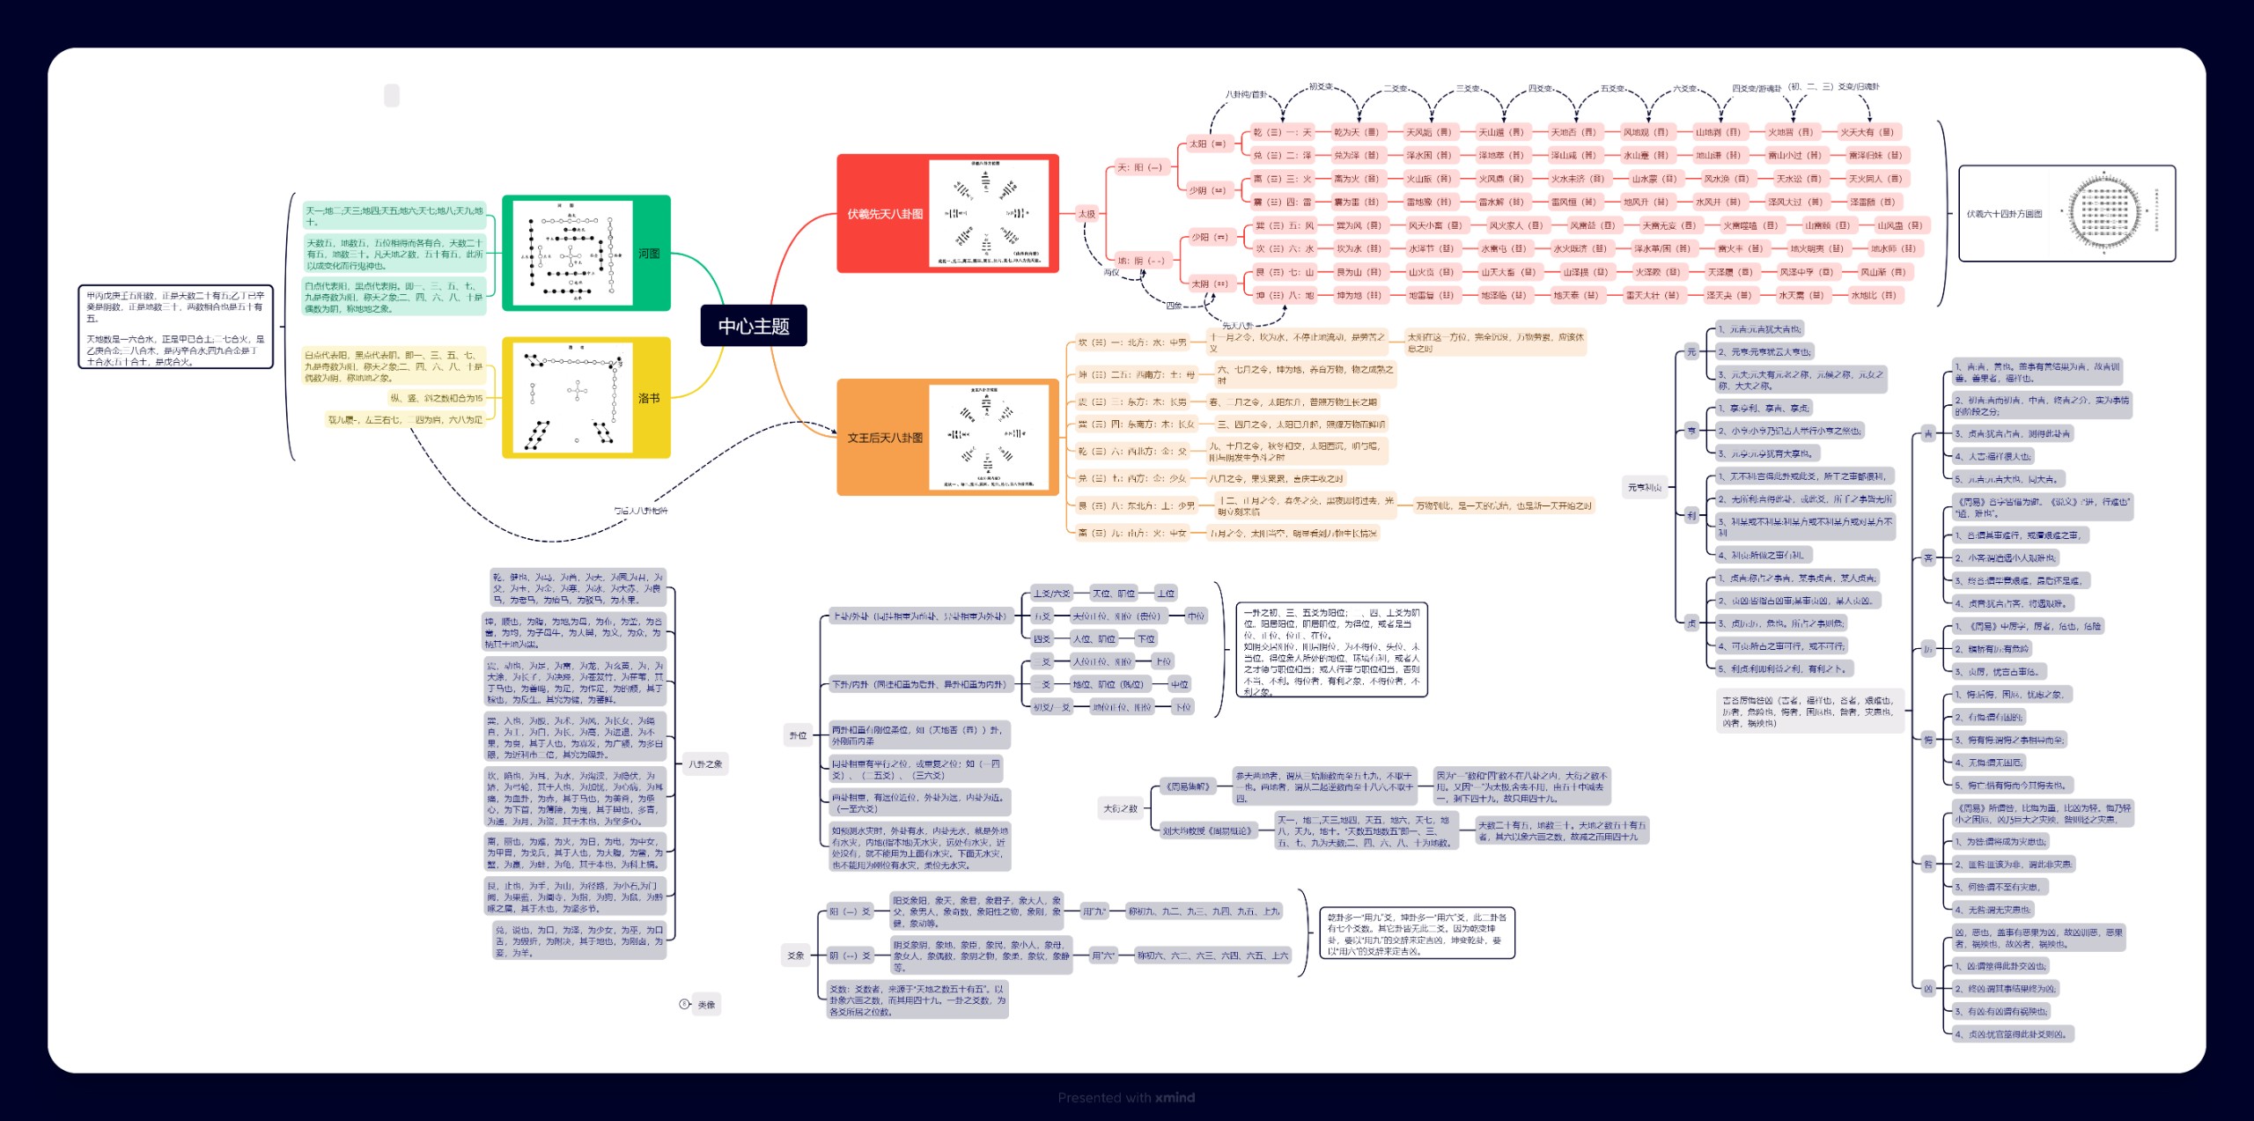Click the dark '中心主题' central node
tap(754, 326)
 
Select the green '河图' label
tap(649, 254)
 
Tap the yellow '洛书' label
tap(649, 398)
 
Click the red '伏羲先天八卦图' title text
tap(885, 214)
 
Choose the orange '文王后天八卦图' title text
tap(885, 438)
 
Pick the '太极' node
tap(1087, 213)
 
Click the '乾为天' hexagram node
tap(1356, 132)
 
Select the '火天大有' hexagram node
tap(1867, 132)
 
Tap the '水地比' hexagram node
tap(1873, 295)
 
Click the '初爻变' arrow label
tap(1320, 86)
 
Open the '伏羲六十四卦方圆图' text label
tap(2004, 214)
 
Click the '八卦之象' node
tap(705, 763)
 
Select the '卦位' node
tap(798, 735)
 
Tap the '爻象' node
tap(796, 955)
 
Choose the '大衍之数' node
tap(1120, 808)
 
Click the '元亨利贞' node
tap(1644, 487)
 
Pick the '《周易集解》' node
tap(1188, 786)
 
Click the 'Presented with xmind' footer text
tap(1126, 1097)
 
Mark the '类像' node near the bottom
tap(706, 1004)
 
